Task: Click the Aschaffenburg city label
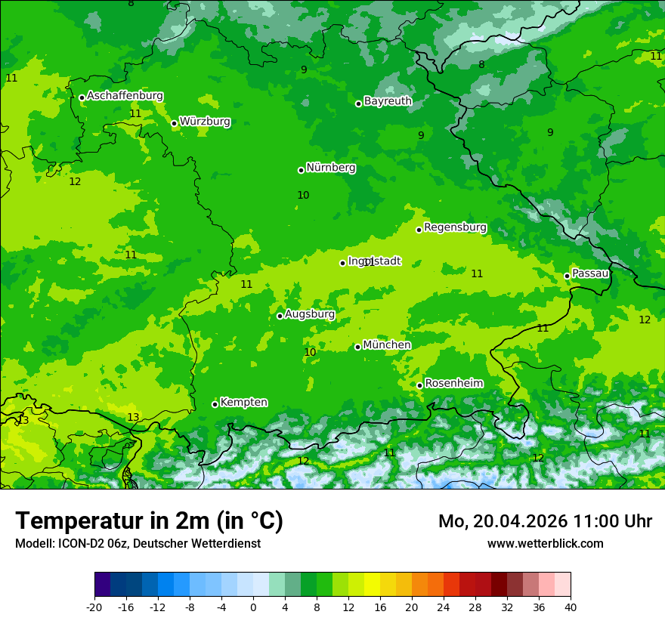tap(125, 96)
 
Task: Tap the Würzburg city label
tap(205, 122)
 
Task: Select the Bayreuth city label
tap(388, 101)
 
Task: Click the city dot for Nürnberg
tap(301, 170)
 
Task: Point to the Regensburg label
tap(455, 227)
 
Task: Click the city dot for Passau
tap(567, 276)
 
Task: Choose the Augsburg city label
tap(310, 314)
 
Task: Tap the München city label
tap(387, 345)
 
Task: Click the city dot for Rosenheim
tap(419, 385)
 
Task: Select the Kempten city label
tap(243, 403)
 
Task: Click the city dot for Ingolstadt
tap(342, 263)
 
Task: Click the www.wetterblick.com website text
tap(545, 543)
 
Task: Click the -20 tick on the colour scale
tap(94, 607)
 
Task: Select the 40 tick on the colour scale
tap(570, 607)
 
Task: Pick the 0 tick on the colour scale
tap(253, 607)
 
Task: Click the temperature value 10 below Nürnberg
tap(303, 195)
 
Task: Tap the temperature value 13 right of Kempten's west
tap(133, 417)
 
